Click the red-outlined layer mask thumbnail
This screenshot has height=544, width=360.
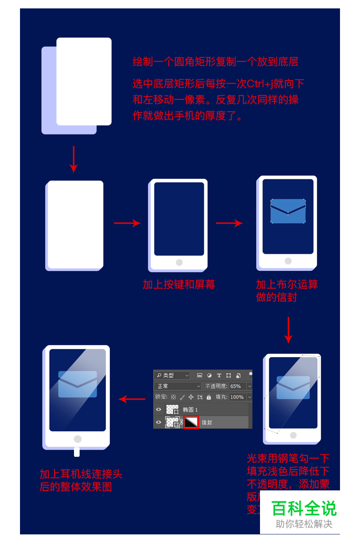pyautogui.click(x=191, y=422)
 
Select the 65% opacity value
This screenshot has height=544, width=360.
pyautogui.click(x=236, y=386)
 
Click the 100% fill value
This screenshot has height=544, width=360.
pyautogui.click(x=237, y=397)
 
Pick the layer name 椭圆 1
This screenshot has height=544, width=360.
pyautogui.click(x=190, y=410)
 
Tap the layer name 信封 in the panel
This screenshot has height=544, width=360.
pyautogui.click(x=207, y=422)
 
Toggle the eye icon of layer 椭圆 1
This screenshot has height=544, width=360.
pyautogui.click(x=159, y=410)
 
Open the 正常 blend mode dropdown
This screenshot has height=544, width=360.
pyautogui.click(x=178, y=386)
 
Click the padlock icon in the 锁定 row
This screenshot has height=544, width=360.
pyautogui.click(x=209, y=397)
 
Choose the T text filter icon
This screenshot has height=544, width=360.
pyautogui.click(x=219, y=376)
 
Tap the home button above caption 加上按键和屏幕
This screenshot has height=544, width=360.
pyautogui.click(x=179, y=262)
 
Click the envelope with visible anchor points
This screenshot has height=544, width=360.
pyautogui.click(x=288, y=211)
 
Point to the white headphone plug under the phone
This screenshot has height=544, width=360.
pyautogui.click(x=77, y=452)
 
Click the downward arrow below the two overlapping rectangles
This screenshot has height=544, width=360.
pyautogui.click(x=74, y=159)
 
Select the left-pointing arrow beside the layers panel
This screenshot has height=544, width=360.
pyautogui.click(x=132, y=399)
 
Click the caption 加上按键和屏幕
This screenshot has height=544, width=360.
pyautogui.click(x=179, y=284)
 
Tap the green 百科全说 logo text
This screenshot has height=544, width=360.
pyautogui.click(x=304, y=508)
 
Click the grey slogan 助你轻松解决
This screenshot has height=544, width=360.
pyautogui.click(x=304, y=524)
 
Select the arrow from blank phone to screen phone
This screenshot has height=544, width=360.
pyautogui.click(x=127, y=223)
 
